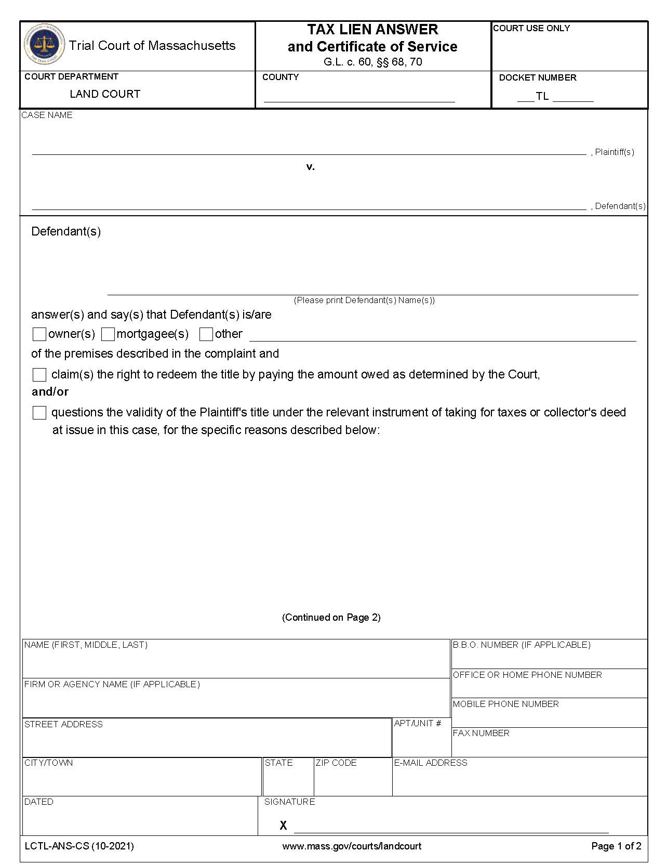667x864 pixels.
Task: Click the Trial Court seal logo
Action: click(45, 45)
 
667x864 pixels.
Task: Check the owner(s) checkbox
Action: click(39, 334)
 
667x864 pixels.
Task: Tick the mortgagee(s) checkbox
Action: click(108, 334)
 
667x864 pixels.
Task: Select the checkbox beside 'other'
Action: click(206, 334)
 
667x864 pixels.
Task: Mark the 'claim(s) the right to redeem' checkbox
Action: click(39, 375)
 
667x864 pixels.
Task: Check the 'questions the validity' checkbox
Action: click(39, 413)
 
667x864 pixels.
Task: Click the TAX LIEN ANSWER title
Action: click(372, 30)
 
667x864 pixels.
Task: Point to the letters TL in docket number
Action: click(542, 97)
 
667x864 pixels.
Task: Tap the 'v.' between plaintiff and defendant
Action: click(311, 167)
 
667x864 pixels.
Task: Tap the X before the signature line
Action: click(283, 826)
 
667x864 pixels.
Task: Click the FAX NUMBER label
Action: click(481, 733)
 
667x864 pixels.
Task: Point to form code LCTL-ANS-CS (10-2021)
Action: click(79, 846)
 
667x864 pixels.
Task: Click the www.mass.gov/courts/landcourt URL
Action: click(352, 846)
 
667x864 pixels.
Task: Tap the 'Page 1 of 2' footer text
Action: click(616, 846)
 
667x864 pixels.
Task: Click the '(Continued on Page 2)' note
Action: click(331, 617)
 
